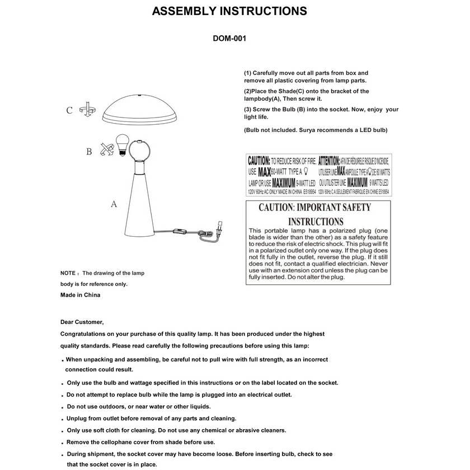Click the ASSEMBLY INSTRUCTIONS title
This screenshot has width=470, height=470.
229,11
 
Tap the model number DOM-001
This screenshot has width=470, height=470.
229,39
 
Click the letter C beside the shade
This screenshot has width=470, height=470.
69,110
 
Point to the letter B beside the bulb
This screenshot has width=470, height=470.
88,152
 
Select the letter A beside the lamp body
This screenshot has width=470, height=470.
114,205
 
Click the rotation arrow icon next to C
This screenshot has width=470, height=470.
87,109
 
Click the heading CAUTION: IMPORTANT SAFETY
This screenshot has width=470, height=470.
314,208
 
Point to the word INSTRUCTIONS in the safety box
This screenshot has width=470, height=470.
315,222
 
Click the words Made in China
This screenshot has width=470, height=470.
80,295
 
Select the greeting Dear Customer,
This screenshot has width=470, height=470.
82,322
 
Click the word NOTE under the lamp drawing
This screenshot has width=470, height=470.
68,274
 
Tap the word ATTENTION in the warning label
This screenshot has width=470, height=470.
328,160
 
